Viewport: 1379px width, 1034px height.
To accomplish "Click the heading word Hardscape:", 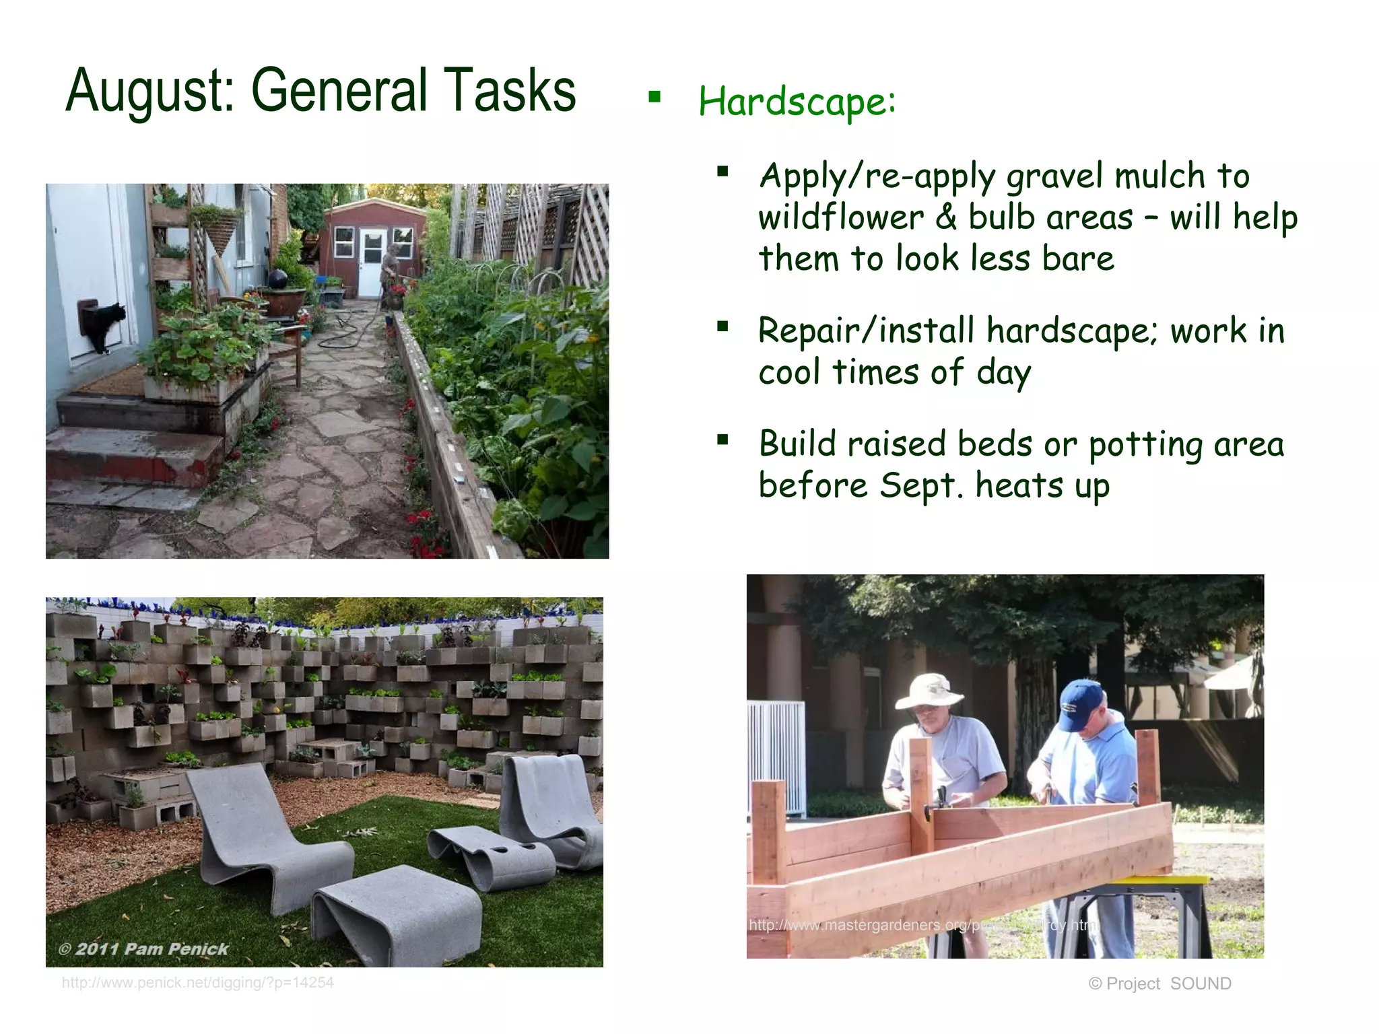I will [x=797, y=102].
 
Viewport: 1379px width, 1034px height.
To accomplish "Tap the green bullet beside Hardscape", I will [x=654, y=98].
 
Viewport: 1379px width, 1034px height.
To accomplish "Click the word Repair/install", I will [x=866, y=331].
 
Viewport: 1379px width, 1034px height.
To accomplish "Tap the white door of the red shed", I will [x=371, y=263].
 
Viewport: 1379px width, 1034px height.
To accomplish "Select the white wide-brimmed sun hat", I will [x=929, y=691].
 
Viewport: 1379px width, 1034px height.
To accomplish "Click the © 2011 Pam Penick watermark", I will [x=143, y=949].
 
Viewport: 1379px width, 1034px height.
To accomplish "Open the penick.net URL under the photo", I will [x=197, y=983].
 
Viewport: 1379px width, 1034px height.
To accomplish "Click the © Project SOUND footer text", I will [x=1159, y=984].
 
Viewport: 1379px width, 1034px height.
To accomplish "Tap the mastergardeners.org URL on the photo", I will [x=922, y=925].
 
